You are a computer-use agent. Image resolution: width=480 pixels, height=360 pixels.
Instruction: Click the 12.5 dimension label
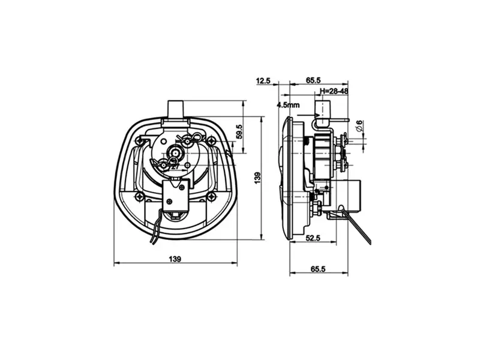263,80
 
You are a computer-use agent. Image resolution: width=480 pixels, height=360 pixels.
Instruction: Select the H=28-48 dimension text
334,91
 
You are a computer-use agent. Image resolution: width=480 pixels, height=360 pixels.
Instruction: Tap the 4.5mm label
288,105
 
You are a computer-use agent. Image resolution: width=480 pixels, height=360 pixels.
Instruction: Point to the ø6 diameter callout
359,126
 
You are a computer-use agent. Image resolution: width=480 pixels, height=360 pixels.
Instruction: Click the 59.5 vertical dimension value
239,131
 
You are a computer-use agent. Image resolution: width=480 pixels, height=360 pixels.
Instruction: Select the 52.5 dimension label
313,238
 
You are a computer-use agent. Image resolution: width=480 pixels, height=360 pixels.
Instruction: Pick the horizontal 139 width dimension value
175,259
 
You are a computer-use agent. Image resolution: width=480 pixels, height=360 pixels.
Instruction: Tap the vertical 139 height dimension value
257,178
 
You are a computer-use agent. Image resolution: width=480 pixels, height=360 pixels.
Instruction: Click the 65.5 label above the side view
313,80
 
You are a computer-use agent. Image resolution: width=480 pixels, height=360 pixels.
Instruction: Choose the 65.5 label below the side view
318,269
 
